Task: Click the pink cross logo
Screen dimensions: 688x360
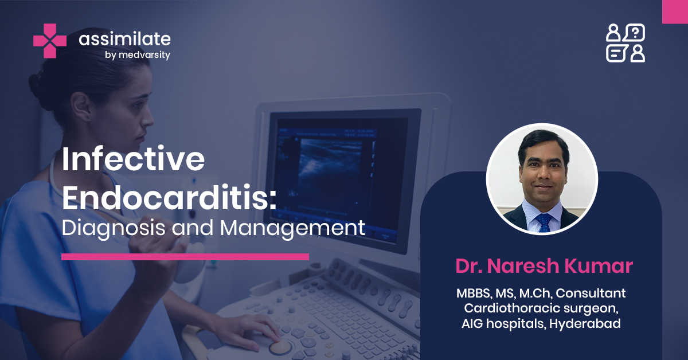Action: pos(50,41)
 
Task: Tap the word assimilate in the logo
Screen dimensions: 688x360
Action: pos(125,39)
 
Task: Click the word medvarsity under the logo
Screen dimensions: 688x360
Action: pos(144,55)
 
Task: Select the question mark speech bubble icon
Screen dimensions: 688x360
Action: pos(635,33)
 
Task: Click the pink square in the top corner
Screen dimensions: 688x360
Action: pos(675,11)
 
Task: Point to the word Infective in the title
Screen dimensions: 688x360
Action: pos(133,160)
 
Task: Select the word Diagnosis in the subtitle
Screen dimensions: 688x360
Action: pos(114,228)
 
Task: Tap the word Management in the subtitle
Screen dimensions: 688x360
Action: pos(292,228)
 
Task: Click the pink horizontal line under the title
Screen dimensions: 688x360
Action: pos(185,257)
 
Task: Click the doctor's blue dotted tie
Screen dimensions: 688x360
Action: pos(544,222)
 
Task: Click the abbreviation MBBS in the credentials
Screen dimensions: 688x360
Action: pos(474,294)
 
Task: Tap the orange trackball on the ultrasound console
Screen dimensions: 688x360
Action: pos(280,347)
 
